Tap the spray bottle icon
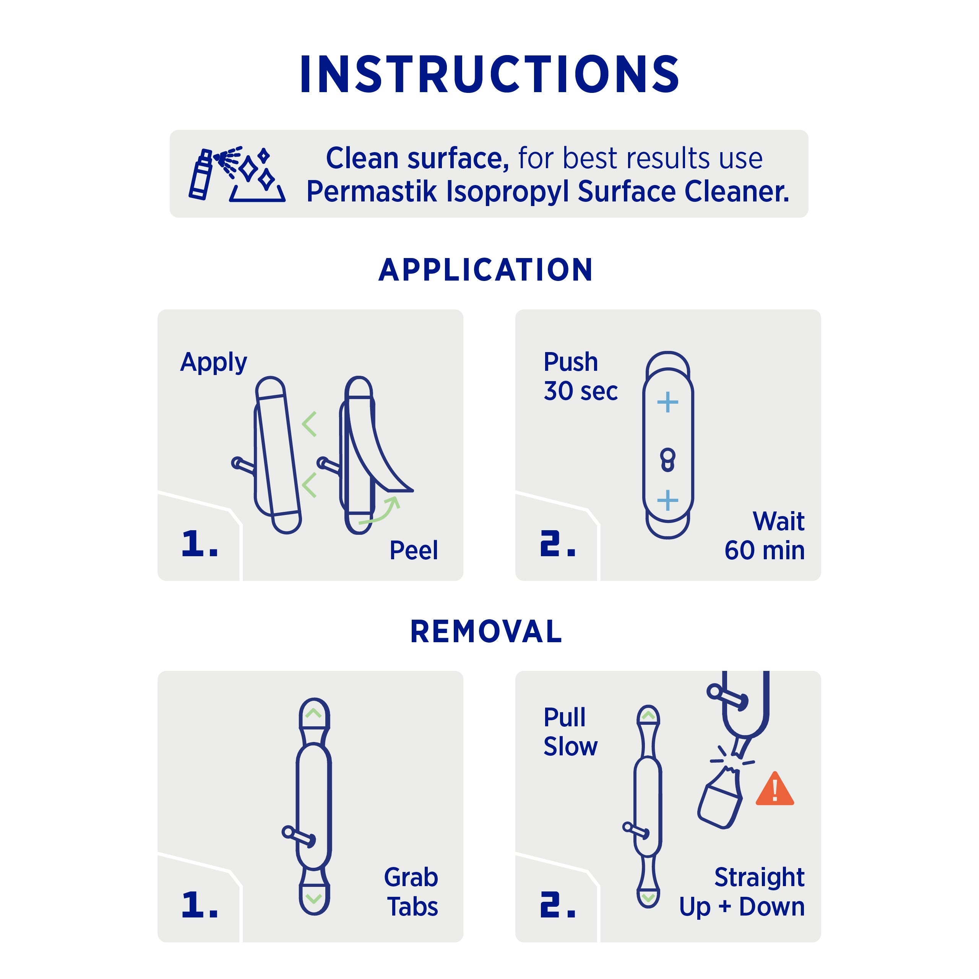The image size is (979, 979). (x=201, y=174)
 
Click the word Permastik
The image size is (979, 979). (x=372, y=192)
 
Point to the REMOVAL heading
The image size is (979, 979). (x=486, y=632)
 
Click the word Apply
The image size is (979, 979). (x=213, y=363)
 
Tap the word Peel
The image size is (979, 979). (x=414, y=550)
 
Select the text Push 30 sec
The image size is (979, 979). (x=581, y=377)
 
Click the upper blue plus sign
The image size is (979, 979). (x=667, y=403)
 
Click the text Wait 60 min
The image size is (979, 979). (x=764, y=536)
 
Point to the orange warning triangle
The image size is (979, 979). (x=774, y=789)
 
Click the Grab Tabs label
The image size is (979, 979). (x=411, y=892)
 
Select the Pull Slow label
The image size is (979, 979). (x=570, y=732)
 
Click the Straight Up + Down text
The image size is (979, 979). (x=742, y=892)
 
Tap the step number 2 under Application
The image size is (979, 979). (x=557, y=544)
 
